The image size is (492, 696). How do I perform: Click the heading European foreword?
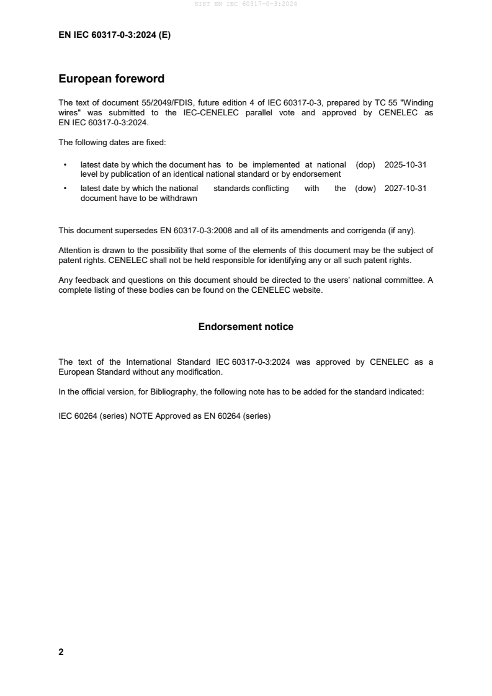point(111,79)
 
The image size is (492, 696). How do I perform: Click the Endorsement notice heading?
point(246,327)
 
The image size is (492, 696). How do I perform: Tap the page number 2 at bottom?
point(61,652)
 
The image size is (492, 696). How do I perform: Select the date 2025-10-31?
point(405,165)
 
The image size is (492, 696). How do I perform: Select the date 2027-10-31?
point(405,189)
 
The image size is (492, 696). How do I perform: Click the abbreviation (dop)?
point(365,165)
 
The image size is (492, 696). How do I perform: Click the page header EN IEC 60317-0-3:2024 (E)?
point(114,35)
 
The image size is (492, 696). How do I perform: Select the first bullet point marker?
point(65,165)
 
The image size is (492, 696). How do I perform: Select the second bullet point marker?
point(65,189)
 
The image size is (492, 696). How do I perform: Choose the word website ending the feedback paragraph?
point(308,289)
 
